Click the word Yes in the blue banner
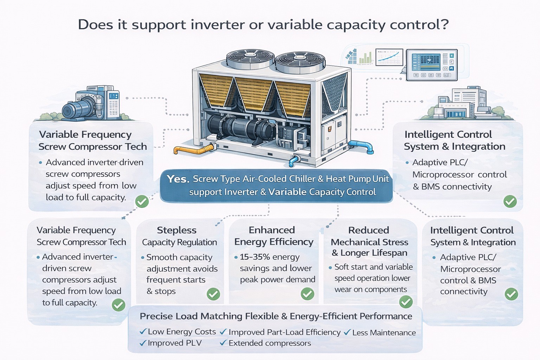coord(178,179)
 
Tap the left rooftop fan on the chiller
coord(250,58)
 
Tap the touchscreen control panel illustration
coord(432,65)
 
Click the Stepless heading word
coord(176,230)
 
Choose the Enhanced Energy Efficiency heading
coord(273,236)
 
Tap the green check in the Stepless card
coord(213,294)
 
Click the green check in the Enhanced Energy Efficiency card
coord(308,294)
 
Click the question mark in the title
coord(444,25)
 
